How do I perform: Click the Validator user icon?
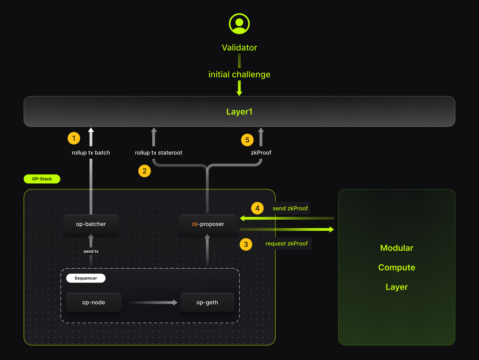coord(239,24)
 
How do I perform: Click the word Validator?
coord(239,48)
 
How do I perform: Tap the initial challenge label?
coord(239,74)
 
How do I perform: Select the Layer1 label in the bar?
coord(239,112)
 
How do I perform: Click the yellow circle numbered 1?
coord(74,138)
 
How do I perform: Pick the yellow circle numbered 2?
coord(144,171)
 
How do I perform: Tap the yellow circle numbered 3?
coord(246,244)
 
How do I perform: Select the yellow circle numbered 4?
coord(257,208)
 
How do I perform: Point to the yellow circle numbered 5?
coord(247,140)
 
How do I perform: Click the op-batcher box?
coord(91,224)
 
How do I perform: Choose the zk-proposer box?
coord(208,224)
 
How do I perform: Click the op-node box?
coord(94,302)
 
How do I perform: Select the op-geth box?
coord(207,302)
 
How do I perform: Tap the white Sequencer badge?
coord(86,278)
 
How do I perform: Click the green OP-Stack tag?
coord(42,179)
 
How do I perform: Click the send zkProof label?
coord(290,208)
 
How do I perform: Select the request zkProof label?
coord(287,244)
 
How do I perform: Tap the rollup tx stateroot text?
coord(159,153)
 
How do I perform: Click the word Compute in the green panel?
coord(397,268)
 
